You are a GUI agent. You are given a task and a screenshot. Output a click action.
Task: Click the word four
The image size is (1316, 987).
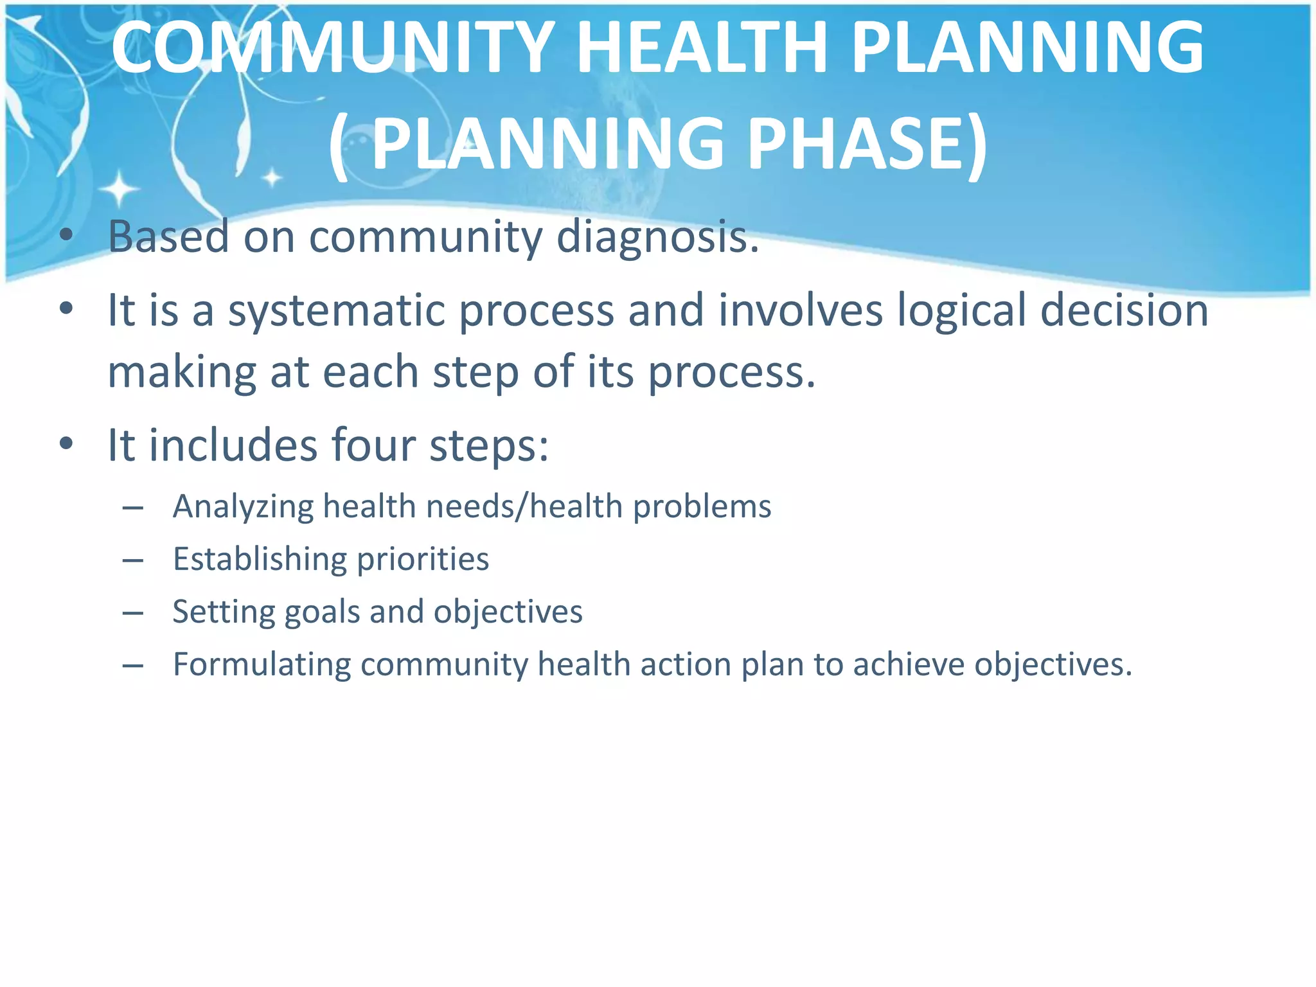(x=373, y=445)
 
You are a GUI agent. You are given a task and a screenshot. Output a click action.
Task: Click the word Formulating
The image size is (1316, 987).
(x=261, y=664)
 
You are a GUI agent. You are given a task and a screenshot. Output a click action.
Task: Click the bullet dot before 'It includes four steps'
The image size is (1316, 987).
(x=66, y=443)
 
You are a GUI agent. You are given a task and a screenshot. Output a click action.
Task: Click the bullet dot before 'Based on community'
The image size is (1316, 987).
(x=66, y=235)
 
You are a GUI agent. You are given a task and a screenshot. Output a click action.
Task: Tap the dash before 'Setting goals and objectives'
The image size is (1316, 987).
(x=133, y=613)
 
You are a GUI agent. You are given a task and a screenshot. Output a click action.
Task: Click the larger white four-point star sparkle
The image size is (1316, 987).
(x=120, y=190)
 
